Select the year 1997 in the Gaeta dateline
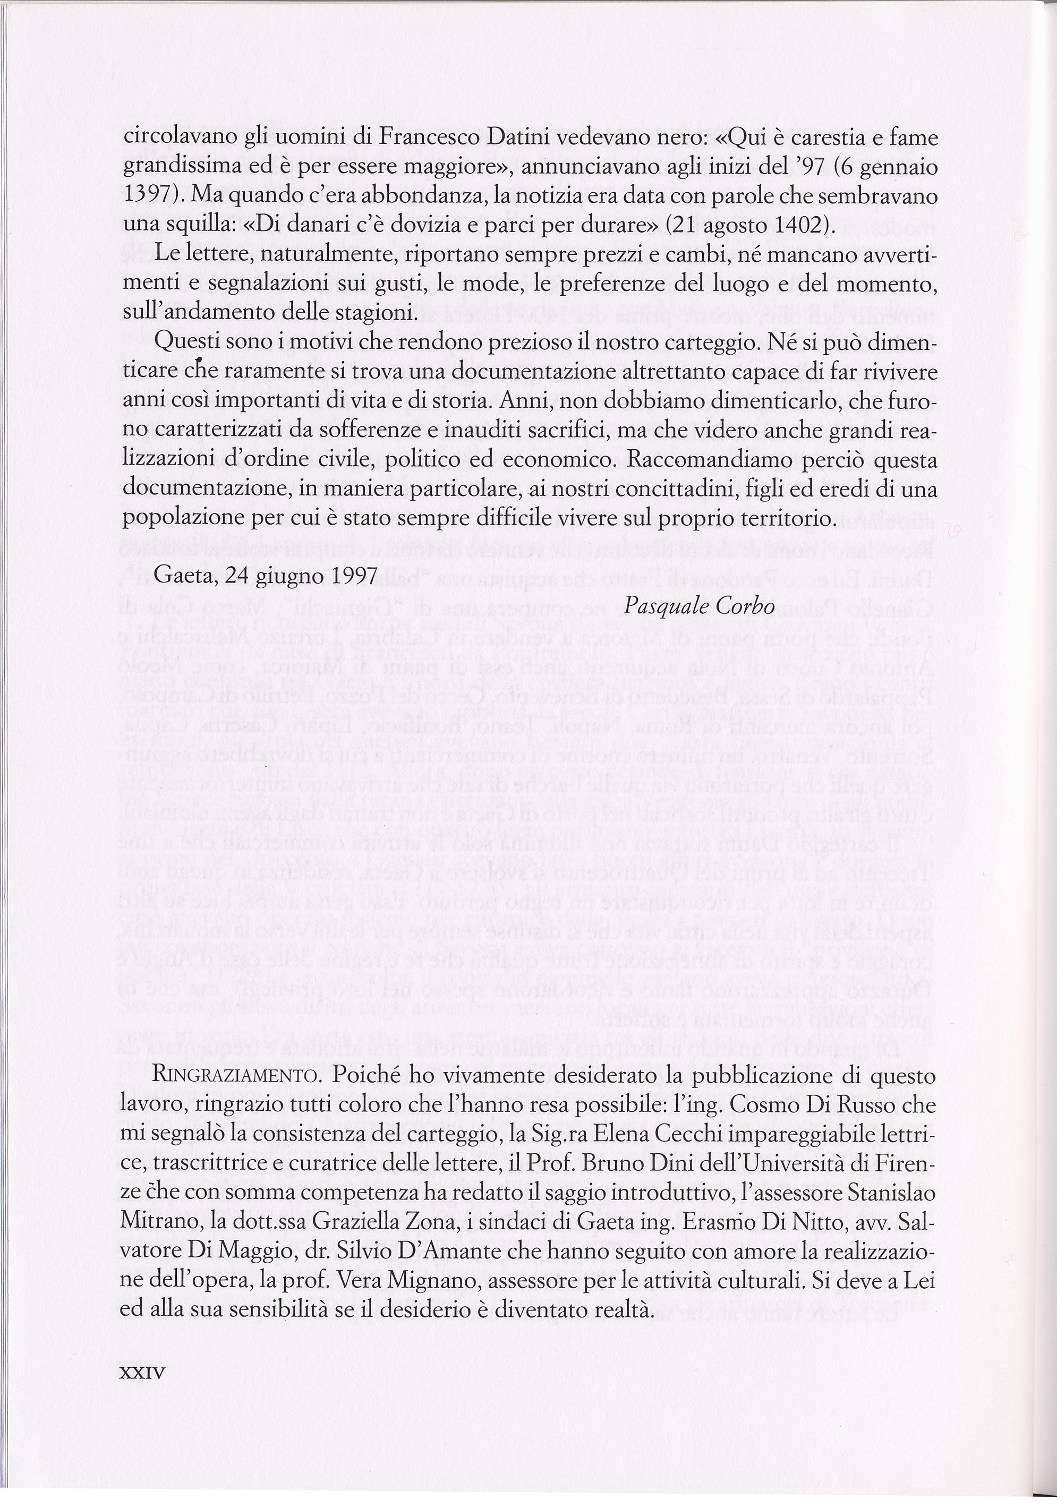click(x=353, y=576)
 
